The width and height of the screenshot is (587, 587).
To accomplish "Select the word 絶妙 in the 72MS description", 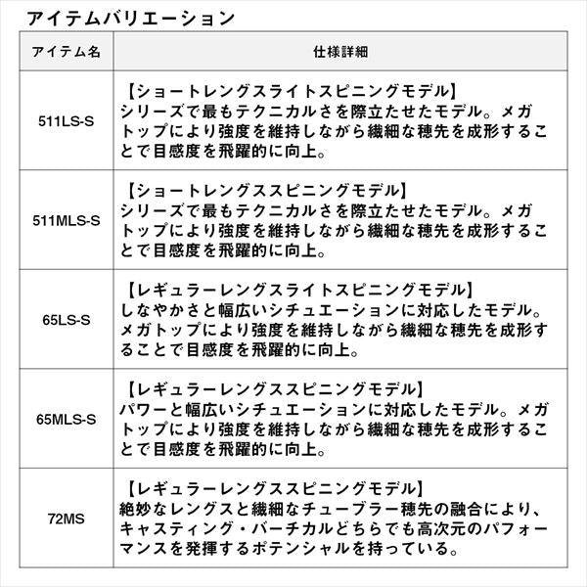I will (x=141, y=509).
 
